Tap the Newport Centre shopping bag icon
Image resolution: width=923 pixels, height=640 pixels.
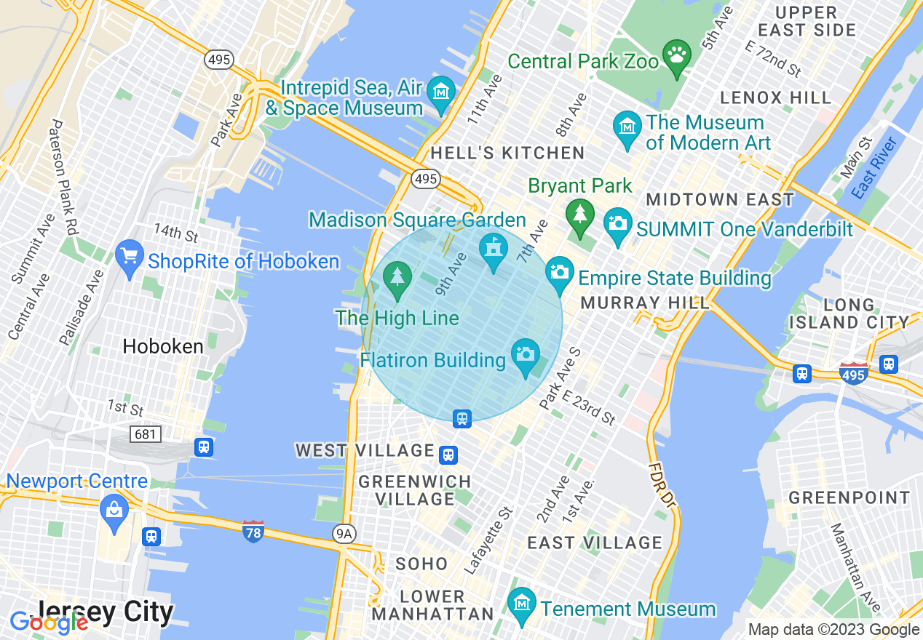pyautogui.click(x=114, y=508)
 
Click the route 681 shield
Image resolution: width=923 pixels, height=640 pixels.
pyautogui.click(x=143, y=434)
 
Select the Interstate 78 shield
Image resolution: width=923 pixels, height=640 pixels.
pyautogui.click(x=253, y=531)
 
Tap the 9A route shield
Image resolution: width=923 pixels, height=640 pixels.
pyautogui.click(x=344, y=535)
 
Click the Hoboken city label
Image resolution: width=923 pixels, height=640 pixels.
pyautogui.click(x=163, y=347)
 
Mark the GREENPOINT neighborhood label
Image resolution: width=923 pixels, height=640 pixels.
pyautogui.click(x=849, y=498)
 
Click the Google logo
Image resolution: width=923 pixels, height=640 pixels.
pyautogui.click(x=48, y=622)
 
